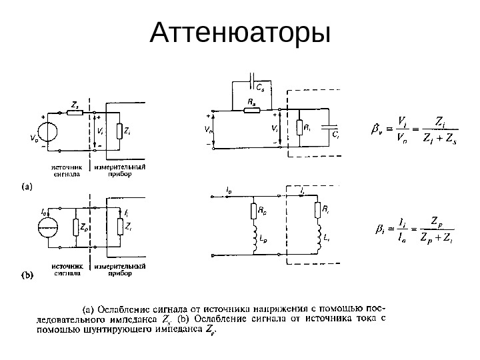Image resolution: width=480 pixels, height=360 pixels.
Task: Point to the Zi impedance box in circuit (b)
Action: (x=120, y=227)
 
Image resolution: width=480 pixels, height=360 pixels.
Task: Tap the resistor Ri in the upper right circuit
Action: (x=299, y=127)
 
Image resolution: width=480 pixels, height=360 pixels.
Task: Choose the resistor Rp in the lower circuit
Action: (x=254, y=213)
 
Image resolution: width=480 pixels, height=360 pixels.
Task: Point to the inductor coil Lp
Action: (x=254, y=239)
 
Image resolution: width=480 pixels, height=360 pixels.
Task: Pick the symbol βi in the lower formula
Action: (x=380, y=228)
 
